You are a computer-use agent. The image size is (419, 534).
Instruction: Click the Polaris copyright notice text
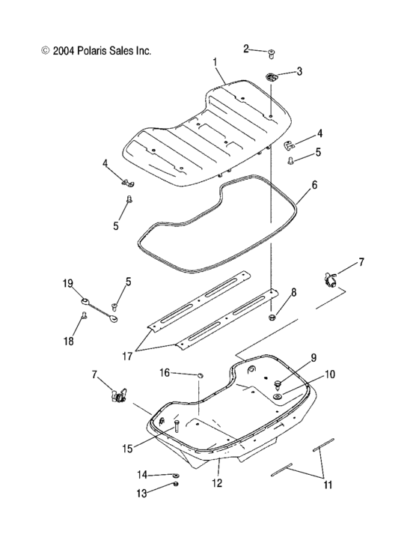[x=97, y=51]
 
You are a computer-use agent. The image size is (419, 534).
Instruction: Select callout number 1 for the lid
[x=215, y=62]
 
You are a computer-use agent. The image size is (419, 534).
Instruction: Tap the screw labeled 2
[x=272, y=54]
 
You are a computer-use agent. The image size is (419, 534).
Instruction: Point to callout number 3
[x=299, y=71]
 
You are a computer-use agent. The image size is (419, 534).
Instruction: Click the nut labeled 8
[x=272, y=318]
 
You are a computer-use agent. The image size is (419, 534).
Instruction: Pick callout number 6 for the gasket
[x=314, y=185]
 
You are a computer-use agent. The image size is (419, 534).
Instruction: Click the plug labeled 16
[x=201, y=375]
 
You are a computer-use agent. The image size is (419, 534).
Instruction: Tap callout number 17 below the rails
[x=127, y=356]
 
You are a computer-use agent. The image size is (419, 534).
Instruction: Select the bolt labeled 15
[x=177, y=426]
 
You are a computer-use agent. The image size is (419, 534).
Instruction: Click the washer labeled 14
[x=176, y=475]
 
